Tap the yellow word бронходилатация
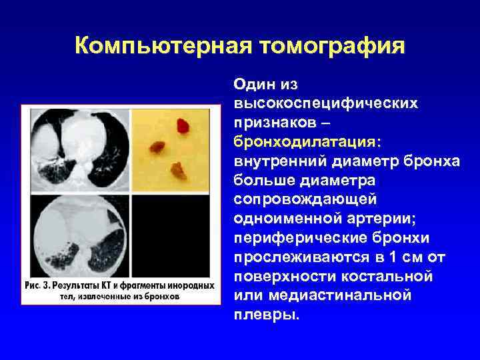point(305,142)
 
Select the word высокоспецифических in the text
point(326,104)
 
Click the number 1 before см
point(370,257)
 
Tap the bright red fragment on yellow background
point(182,125)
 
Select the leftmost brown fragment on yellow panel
point(157,144)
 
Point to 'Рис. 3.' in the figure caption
point(39,285)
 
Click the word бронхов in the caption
point(159,297)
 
